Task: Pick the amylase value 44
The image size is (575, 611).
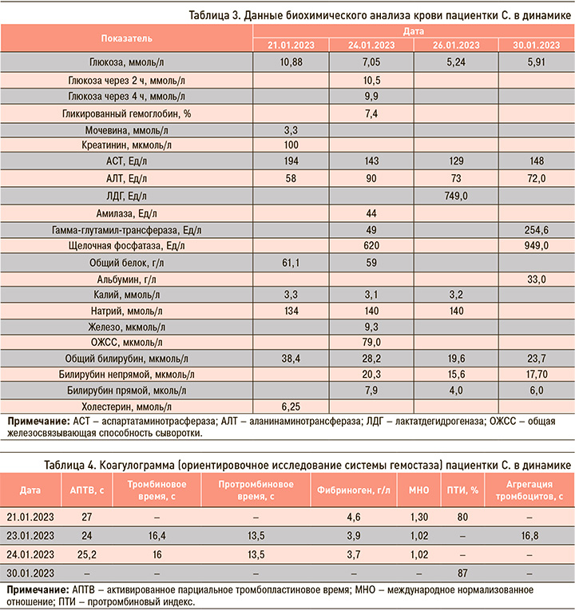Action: [371, 213]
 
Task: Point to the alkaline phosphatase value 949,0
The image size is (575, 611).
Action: [534, 247]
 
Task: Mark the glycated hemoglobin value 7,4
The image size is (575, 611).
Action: [371, 113]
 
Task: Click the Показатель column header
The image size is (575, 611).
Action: [127, 38]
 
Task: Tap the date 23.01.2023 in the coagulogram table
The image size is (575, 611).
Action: [31, 534]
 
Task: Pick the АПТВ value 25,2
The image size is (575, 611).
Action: [85, 554]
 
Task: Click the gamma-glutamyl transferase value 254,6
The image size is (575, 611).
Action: [534, 230]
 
